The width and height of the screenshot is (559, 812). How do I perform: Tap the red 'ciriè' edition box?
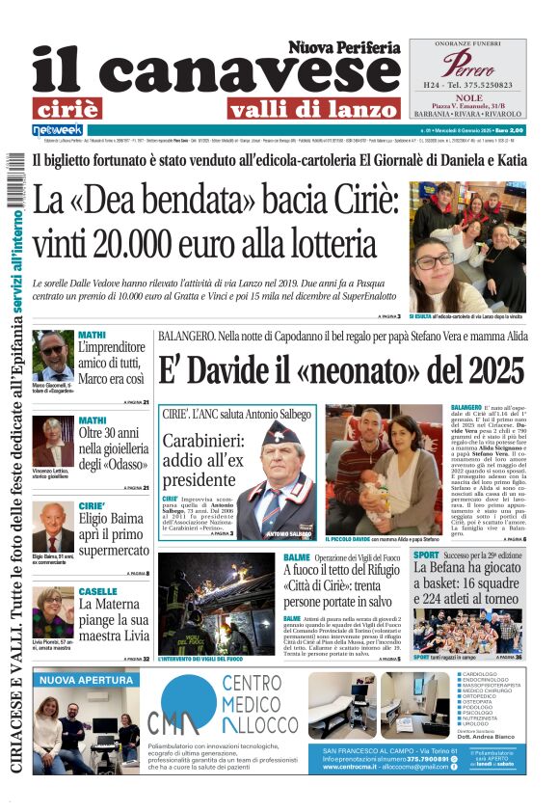[80, 108]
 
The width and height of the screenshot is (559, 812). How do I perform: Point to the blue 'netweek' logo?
[58, 129]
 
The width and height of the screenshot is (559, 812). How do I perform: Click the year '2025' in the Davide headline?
[488, 370]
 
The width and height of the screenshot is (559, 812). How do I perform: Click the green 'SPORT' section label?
[426, 556]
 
